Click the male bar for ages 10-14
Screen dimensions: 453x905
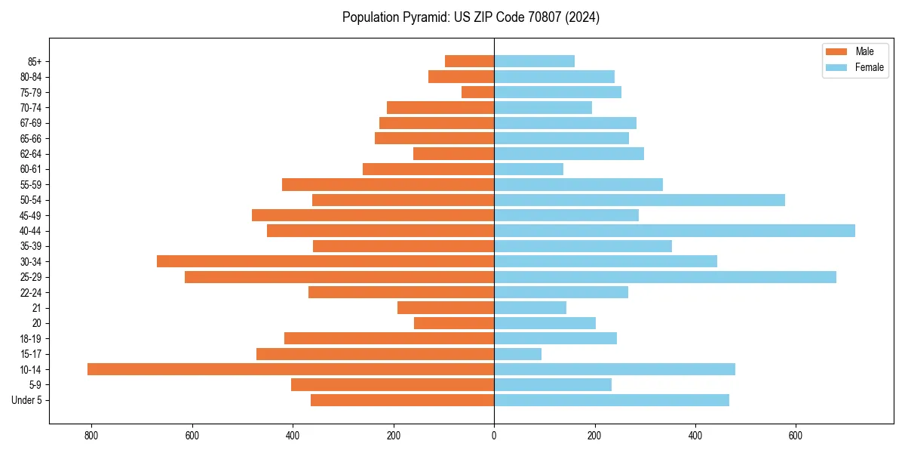click(290, 369)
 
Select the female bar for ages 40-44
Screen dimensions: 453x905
click(674, 230)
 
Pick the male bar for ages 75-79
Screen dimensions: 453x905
click(478, 92)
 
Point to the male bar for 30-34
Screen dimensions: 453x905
click(325, 261)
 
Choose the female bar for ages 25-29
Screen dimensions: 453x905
click(664, 277)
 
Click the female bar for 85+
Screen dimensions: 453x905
click(534, 61)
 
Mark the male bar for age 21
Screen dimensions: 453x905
click(446, 307)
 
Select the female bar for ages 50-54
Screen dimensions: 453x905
click(639, 200)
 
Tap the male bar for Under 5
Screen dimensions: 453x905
click(402, 400)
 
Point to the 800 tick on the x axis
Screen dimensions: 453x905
click(91, 436)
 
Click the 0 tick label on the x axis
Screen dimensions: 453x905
click(494, 436)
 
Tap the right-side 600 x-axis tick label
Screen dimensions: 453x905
click(796, 436)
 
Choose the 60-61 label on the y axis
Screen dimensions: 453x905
click(31, 169)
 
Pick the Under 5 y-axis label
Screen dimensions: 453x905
click(26, 400)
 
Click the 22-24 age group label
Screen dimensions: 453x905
click(31, 292)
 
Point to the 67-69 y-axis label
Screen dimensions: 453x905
click(31, 123)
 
